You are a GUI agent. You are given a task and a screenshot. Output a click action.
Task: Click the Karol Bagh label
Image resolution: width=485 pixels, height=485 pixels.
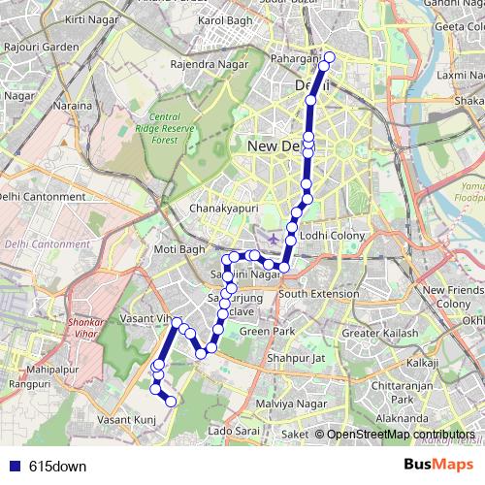(x=224, y=19)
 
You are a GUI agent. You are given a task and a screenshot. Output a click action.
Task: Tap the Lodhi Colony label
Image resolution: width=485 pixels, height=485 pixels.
(x=333, y=236)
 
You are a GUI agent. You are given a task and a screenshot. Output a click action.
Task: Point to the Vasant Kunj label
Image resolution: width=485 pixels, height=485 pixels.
(x=126, y=419)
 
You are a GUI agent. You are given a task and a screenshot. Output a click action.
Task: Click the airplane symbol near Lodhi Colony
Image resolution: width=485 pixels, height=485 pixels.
(x=274, y=237)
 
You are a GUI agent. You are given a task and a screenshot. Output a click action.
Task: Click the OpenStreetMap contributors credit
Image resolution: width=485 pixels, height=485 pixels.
(x=401, y=436)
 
